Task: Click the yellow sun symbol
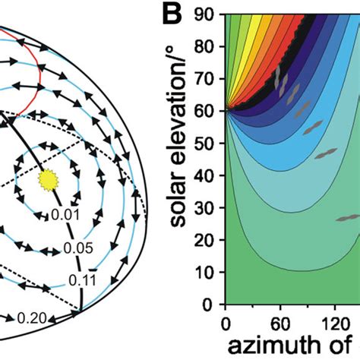(48, 180)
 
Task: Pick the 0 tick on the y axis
(212, 305)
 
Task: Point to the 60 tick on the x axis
(277, 321)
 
